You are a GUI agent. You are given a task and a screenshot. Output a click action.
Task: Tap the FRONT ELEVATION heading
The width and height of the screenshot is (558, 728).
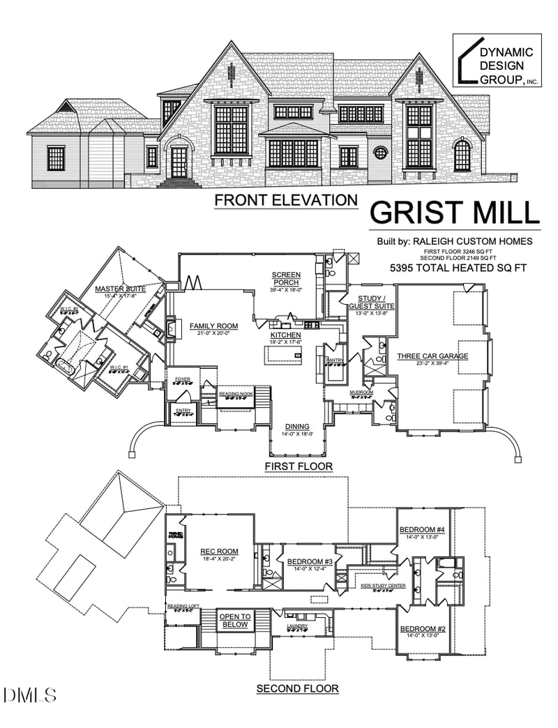point(285,201)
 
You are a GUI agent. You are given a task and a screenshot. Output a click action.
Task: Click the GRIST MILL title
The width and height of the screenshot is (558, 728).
point(454,212)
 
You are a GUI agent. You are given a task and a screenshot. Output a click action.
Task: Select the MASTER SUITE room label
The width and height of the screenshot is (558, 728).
point(119,289)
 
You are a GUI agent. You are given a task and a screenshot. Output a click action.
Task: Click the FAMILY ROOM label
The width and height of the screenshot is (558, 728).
point(209,326)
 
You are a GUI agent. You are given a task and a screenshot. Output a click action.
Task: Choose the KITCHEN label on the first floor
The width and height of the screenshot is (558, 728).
point(285,335)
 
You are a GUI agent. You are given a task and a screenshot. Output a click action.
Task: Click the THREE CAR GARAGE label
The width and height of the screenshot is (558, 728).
point(432,356)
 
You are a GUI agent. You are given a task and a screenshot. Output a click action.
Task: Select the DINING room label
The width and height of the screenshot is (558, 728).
point(297,427)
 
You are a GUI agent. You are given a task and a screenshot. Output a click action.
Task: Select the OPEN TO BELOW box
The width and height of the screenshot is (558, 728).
point(235,621)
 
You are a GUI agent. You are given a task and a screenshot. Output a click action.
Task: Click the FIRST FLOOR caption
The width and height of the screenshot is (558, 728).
point(298,466)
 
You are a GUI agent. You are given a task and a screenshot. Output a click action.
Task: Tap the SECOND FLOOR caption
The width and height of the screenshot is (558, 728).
point(298,689)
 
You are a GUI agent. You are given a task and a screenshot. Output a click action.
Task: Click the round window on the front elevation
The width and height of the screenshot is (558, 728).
point(381,152)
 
